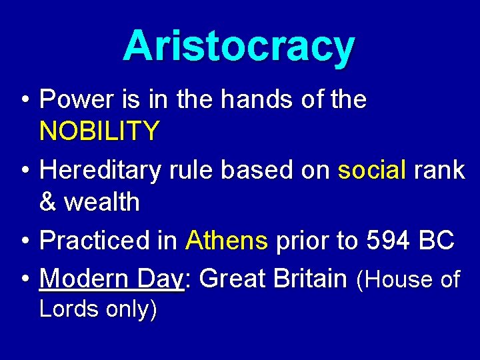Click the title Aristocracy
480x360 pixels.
click(239, 47)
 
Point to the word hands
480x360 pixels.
click(255, 100)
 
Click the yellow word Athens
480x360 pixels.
click(227, 241)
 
